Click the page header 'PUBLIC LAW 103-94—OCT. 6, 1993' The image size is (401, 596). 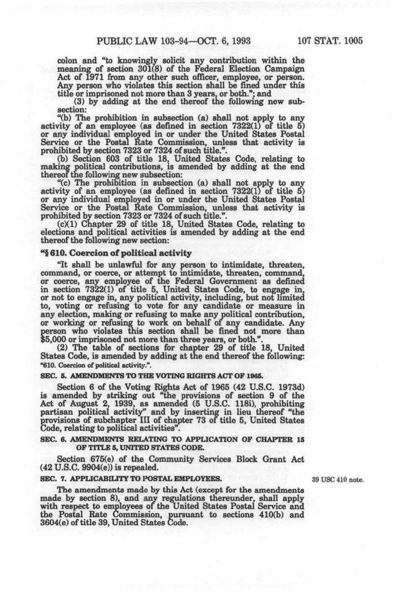173,41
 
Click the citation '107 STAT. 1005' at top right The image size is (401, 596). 329,41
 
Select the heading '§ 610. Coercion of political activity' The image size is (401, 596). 116,253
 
